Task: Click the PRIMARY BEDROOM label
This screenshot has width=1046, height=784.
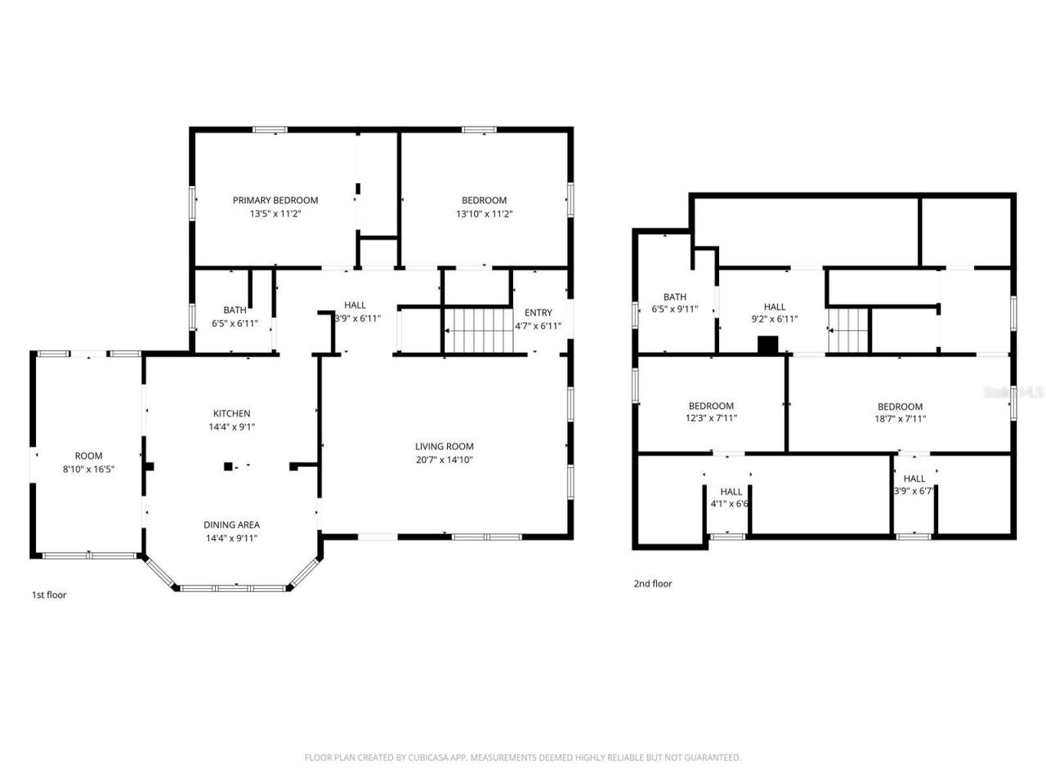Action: (x=275, y=200)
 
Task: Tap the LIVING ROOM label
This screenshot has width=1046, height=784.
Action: (x=444, y=446)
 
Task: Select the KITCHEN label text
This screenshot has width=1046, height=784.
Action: (x=231, y=413)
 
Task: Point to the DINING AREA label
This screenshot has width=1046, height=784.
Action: (x=231, y=524)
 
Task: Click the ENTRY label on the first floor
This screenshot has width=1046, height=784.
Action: (x=538, y=312)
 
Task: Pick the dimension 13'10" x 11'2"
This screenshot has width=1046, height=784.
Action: (x=484, y=214)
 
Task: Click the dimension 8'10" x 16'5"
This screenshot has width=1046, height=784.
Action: (x=88, y=469)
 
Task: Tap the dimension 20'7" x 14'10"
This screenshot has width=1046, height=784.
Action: (x=444, y=460)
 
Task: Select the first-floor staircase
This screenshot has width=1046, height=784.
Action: (x=476, y=330)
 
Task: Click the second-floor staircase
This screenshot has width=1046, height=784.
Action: (x=848, y=330)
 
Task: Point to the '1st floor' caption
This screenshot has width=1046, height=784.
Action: (x=49, y=595)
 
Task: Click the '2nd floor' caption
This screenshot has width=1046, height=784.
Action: (x=652, y=583)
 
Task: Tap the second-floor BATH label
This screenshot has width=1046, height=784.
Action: (x=674, y=296)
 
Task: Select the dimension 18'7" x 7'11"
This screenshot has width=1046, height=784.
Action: (x=900, y=419)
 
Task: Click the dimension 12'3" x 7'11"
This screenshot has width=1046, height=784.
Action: (x=711, y=419)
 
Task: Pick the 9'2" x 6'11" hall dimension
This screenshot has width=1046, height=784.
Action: (x=774, y=319)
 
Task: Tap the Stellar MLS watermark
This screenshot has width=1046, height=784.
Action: (x=1013, y=392)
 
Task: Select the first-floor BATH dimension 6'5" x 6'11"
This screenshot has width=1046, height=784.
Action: (x=235, y=323)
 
